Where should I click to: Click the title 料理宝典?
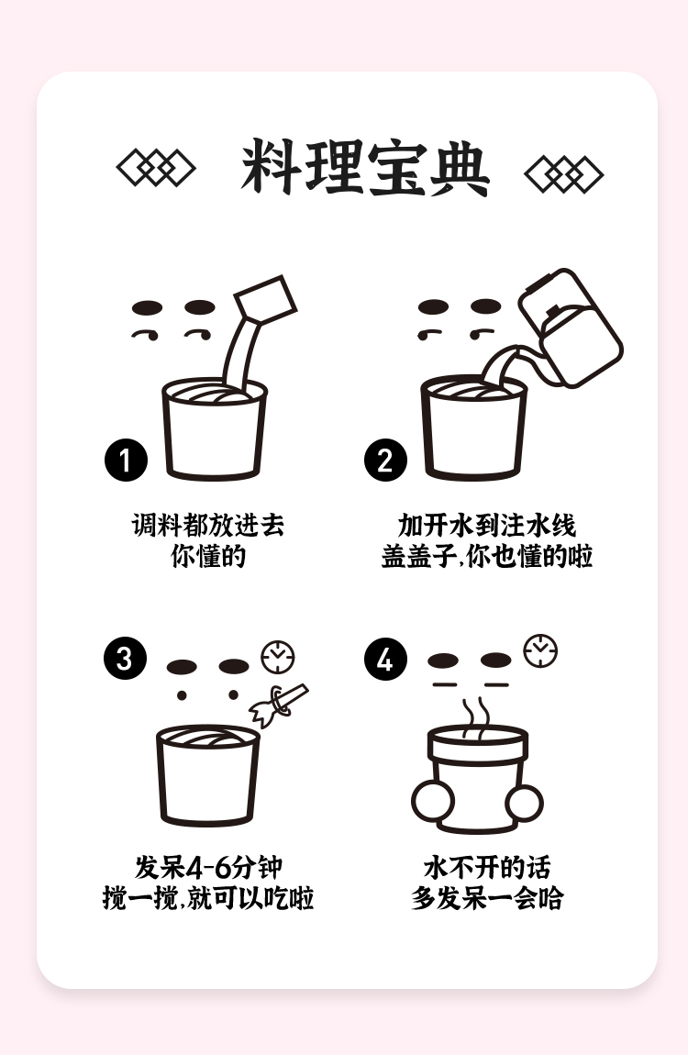pos(365,168)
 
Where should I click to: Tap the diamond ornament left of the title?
pos(156,168)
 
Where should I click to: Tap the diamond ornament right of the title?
pos(563,174)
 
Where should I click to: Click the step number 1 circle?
pos(126,461)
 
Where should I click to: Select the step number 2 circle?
pos(385,461)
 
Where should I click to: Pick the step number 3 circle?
pos(125,658)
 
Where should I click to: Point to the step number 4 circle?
pos(385,660)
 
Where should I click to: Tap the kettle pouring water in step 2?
pos(571,328)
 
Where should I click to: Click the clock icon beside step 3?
pos(278,658)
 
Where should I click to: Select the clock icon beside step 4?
pos(540,650)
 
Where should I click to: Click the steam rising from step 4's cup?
pos(475,717)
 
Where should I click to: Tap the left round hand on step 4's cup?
pos(432,802)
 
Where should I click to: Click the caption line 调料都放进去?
pos(208,525)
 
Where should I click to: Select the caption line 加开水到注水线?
pos(487,525)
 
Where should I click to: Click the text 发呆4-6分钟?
pos(208,867)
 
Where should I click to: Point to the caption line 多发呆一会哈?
pos(487,898)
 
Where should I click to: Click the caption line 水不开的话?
pos(487,867)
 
